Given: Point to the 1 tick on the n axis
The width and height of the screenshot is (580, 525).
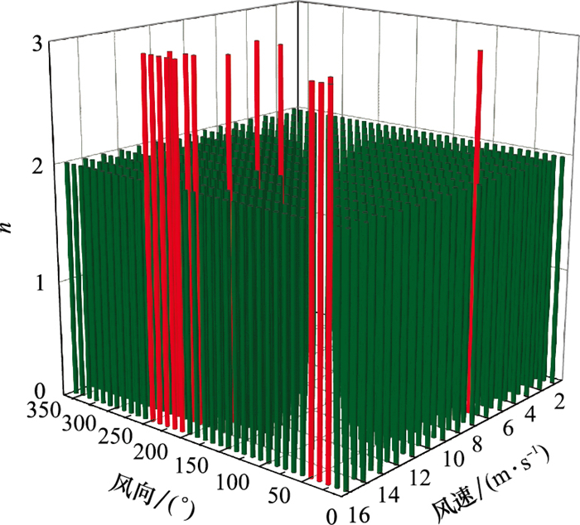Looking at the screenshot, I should point(36,280).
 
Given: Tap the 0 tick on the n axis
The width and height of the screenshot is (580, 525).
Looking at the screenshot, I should point(36,392).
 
